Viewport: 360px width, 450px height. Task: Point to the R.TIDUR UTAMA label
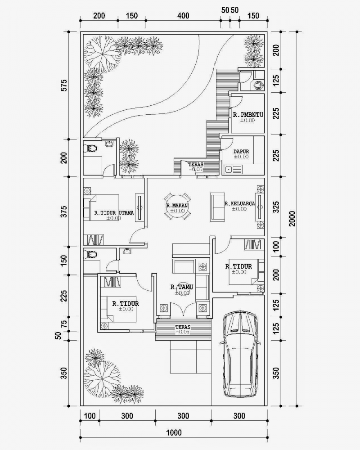tap(113, 213)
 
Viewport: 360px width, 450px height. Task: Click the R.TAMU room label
tap(179, 287)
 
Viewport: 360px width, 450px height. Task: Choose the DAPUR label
tap(241, 152)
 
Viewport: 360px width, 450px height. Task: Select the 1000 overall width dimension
tap(173, 433)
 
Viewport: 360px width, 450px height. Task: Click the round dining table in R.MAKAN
tap(177, 207)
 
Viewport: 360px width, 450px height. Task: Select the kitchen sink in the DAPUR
tap(228, 170)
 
